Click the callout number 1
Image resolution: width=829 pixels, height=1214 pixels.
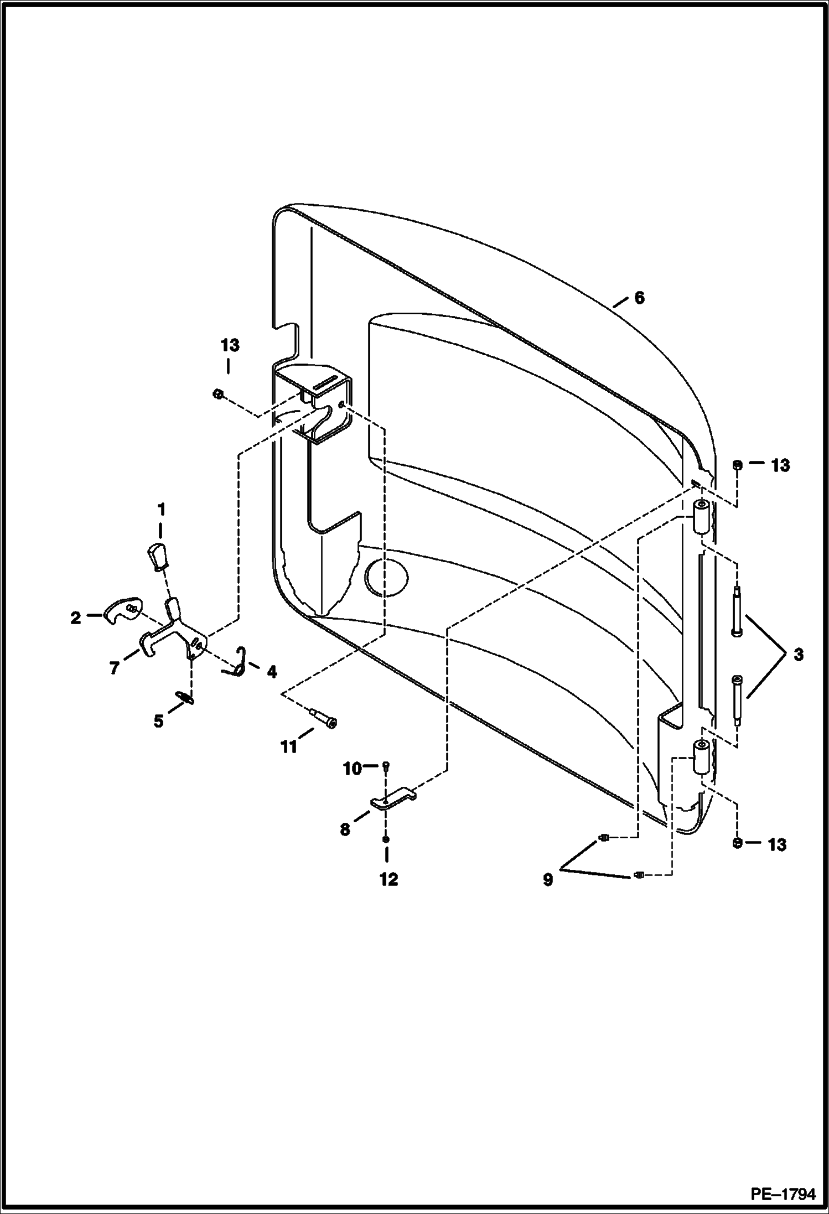[161, 509]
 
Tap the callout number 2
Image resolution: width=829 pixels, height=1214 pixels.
[75, 618]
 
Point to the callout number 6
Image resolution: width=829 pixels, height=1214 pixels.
[639, 298]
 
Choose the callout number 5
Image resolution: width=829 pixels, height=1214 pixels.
[158, 722]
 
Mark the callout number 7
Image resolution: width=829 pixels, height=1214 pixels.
[114, 669]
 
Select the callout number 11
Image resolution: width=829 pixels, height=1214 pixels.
[288, 747]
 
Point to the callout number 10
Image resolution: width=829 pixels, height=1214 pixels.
[353, 769]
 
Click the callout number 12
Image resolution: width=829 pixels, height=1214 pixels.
[388, 879]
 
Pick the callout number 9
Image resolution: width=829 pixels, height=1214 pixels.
[548, 880]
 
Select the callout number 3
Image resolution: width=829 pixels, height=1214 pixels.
[797, 655]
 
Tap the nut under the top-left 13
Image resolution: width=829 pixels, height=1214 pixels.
[217, 393]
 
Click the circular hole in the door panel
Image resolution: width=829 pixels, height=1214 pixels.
[387, 577]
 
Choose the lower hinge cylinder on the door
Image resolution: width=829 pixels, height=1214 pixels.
[702, 758]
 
